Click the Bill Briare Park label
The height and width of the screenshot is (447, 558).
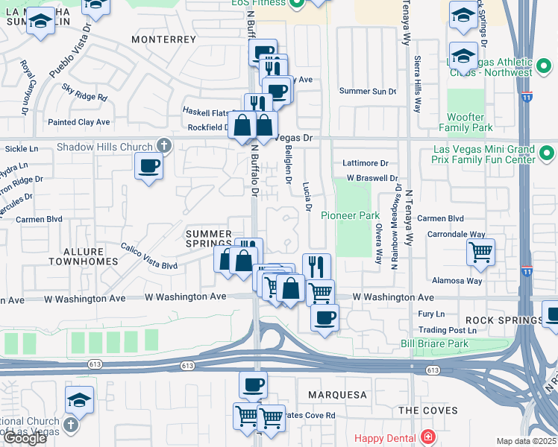pos(434,343)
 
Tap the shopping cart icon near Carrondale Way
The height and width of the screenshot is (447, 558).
pos(481,252)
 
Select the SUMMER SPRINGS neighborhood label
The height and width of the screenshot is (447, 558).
pos(209,238)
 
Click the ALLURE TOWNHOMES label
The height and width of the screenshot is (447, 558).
pos(84,256)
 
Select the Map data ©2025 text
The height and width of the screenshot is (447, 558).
pos(527,441)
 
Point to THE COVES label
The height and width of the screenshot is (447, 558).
pos(422,410)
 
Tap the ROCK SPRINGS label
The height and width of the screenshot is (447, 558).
pos(507,320)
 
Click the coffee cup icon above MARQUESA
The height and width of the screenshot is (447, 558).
pos(253,384)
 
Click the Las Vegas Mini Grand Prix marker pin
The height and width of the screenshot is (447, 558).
pos(547,153)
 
